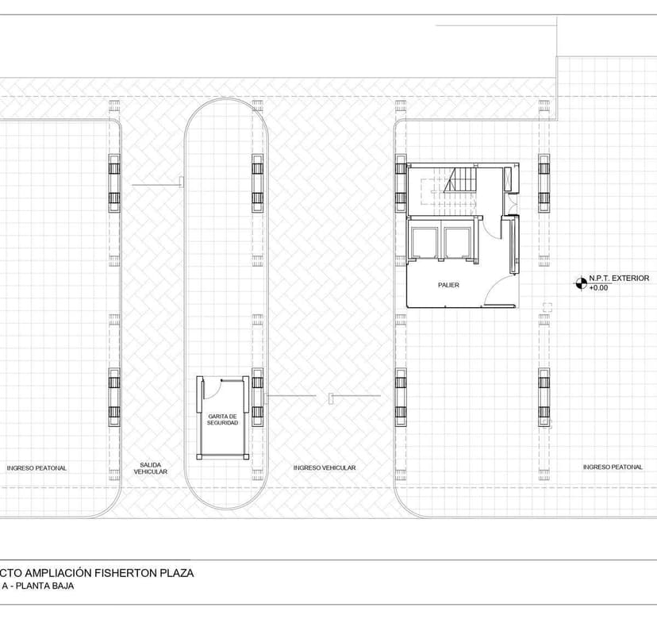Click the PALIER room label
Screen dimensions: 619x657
click(x=448, y=284)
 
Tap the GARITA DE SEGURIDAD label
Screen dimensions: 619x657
click(x=222, y=419)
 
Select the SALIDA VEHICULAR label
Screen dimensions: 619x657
click(x=150, y=468)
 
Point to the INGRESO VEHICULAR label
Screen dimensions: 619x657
click(x=325, y=468)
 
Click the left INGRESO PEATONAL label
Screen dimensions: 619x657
click(x=36, y=468)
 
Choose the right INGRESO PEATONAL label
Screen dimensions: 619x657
click(x=613, y=467)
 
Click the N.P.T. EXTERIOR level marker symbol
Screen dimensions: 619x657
click(x=581, y=279)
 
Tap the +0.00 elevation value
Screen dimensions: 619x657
click(x=598, y=288)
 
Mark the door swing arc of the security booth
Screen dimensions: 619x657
click(x=212, y=386)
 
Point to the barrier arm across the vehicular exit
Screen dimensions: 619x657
click(x=157, y=185)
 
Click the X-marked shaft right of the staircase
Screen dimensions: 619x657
click(x=510, y=180)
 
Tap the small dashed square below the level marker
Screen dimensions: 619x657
click(x=547, y=306)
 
